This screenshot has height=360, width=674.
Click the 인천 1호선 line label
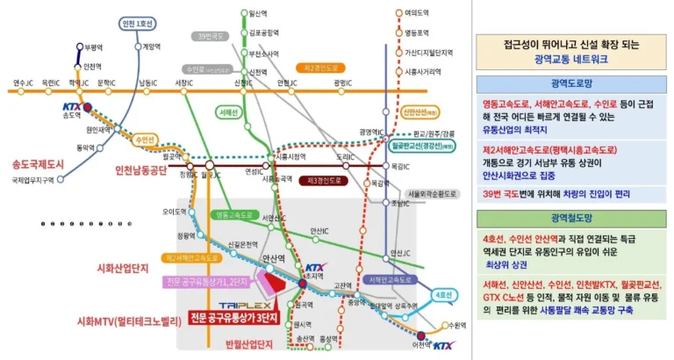[x=140, y=23]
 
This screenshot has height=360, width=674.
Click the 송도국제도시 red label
[x=38, y=163]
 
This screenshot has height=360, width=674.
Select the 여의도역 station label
[x=416, y=13]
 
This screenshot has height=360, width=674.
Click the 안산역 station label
[x=275, y=257]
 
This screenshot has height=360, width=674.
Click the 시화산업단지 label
[x=113, y=263]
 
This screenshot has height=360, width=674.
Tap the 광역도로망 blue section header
[x=572, y=84]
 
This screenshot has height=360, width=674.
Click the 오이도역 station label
[x=176, y=211]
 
